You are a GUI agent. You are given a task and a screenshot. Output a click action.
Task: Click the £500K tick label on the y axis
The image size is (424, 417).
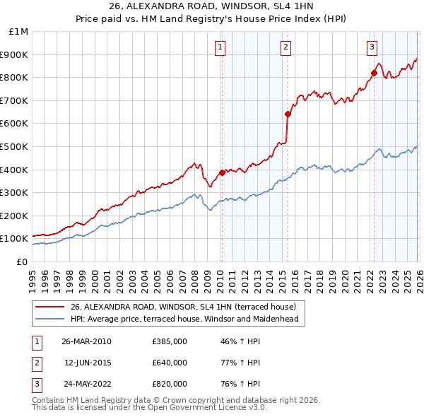[x=16, y=146]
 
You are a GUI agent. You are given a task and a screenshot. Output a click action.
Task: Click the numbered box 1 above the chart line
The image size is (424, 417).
[x=220, y=47]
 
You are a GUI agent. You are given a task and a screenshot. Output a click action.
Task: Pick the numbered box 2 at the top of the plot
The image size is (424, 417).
[x=285, y=47]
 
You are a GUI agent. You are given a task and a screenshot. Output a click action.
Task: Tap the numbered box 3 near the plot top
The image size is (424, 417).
[x=372, y=47]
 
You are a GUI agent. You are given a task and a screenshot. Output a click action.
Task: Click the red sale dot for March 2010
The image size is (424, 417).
[x=222, y=172]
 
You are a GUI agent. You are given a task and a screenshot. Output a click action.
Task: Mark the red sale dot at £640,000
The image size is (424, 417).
[x=288, y=114]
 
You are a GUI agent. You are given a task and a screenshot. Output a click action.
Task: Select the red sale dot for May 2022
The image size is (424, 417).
[x=374, y=72]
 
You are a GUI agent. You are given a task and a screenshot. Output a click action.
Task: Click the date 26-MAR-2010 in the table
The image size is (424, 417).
[x=87, y=341]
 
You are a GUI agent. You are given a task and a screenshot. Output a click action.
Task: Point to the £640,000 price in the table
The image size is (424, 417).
[x=170, y=363]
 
